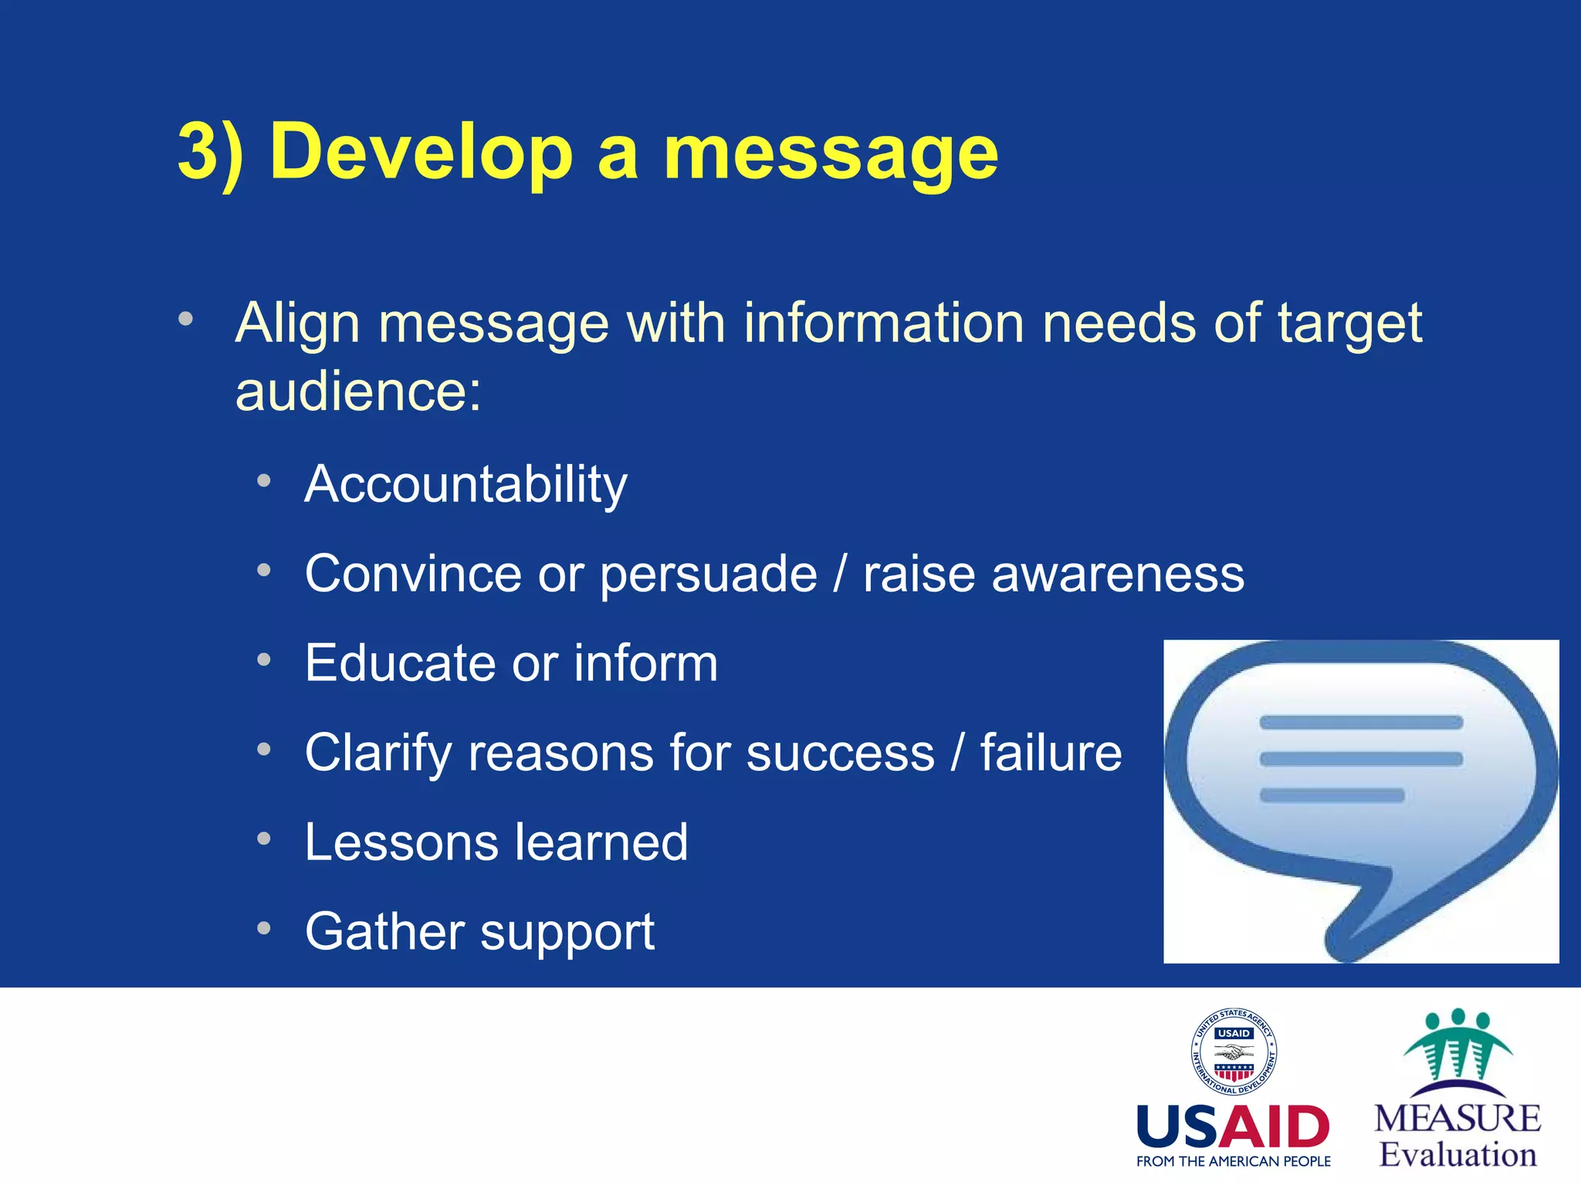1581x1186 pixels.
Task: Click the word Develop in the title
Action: pos(421,152)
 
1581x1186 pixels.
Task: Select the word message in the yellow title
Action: pos(831,154)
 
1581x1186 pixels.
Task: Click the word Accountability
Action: pos(465,485)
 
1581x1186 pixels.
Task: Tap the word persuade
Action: pos(708,575)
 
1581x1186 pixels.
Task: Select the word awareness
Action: pos(1117,574)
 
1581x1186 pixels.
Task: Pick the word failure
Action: pos(1051,753)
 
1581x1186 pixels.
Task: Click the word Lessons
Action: pos(401,842)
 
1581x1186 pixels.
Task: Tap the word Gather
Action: pos(384,931)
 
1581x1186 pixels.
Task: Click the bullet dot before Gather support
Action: pos(264,928)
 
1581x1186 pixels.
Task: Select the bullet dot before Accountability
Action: pos(264,481)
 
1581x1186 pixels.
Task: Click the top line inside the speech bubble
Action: pos(1360,723)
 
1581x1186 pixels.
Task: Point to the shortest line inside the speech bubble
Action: pos(1331,795)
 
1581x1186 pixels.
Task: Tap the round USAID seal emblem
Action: pos(1233,1052)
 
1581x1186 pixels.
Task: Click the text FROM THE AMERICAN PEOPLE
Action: pos(1233,1161)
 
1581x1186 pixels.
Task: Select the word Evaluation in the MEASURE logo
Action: pos(1457,1155)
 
